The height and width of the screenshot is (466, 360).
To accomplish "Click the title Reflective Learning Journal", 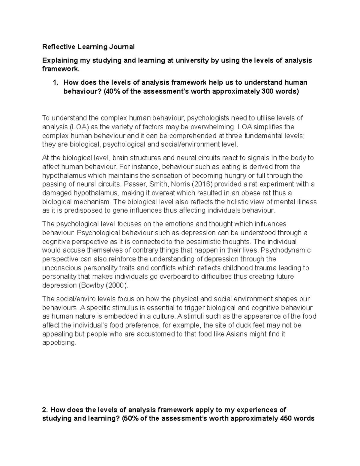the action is [88, 47].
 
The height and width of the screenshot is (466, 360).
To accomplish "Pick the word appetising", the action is [59, 343].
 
